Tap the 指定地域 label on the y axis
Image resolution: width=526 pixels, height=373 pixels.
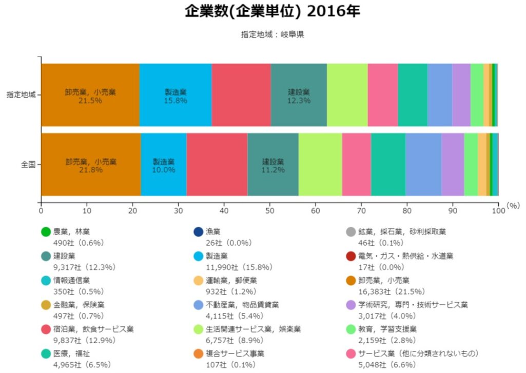click(x=21, y=95)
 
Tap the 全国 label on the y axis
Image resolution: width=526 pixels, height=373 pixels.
click(x=28, y=165)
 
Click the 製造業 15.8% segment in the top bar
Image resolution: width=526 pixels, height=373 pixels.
click(x=176, y=95)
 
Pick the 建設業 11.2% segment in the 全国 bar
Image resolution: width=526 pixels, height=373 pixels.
click(x=272, y=165)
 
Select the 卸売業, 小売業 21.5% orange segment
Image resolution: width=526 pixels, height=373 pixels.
click(x=90, y=95)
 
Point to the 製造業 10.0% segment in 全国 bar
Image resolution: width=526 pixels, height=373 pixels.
click(x=164, y=165)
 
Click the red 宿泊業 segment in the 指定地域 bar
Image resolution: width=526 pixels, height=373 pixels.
click(x=241, y=95)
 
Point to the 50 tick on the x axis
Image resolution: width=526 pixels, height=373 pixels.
click(x=270, y=209)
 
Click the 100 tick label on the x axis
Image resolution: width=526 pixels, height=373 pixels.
click(x=498, y=209)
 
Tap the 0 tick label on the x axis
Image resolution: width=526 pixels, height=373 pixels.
click(x=41, y=209)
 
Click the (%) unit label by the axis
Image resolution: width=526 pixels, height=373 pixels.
click(x=513, y=205)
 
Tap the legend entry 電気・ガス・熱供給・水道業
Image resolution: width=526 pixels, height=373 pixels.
click(x=405, y=256)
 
